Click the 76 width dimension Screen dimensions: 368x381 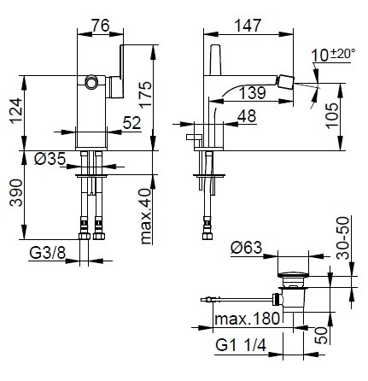[x=101, y=26]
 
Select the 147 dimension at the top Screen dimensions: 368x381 [x=248, y=26]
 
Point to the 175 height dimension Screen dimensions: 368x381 [x=146, y=94]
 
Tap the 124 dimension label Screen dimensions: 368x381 [x=16, y=110]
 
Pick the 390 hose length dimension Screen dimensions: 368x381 [x=16, y=192]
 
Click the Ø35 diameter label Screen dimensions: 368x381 [x=50, y=158]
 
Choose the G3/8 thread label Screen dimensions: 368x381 [x=48, y=253]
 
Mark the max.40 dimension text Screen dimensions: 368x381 [x=146, y=216]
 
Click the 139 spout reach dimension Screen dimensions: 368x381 [x=253, y=93]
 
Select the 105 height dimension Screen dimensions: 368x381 [x=332, y=115]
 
